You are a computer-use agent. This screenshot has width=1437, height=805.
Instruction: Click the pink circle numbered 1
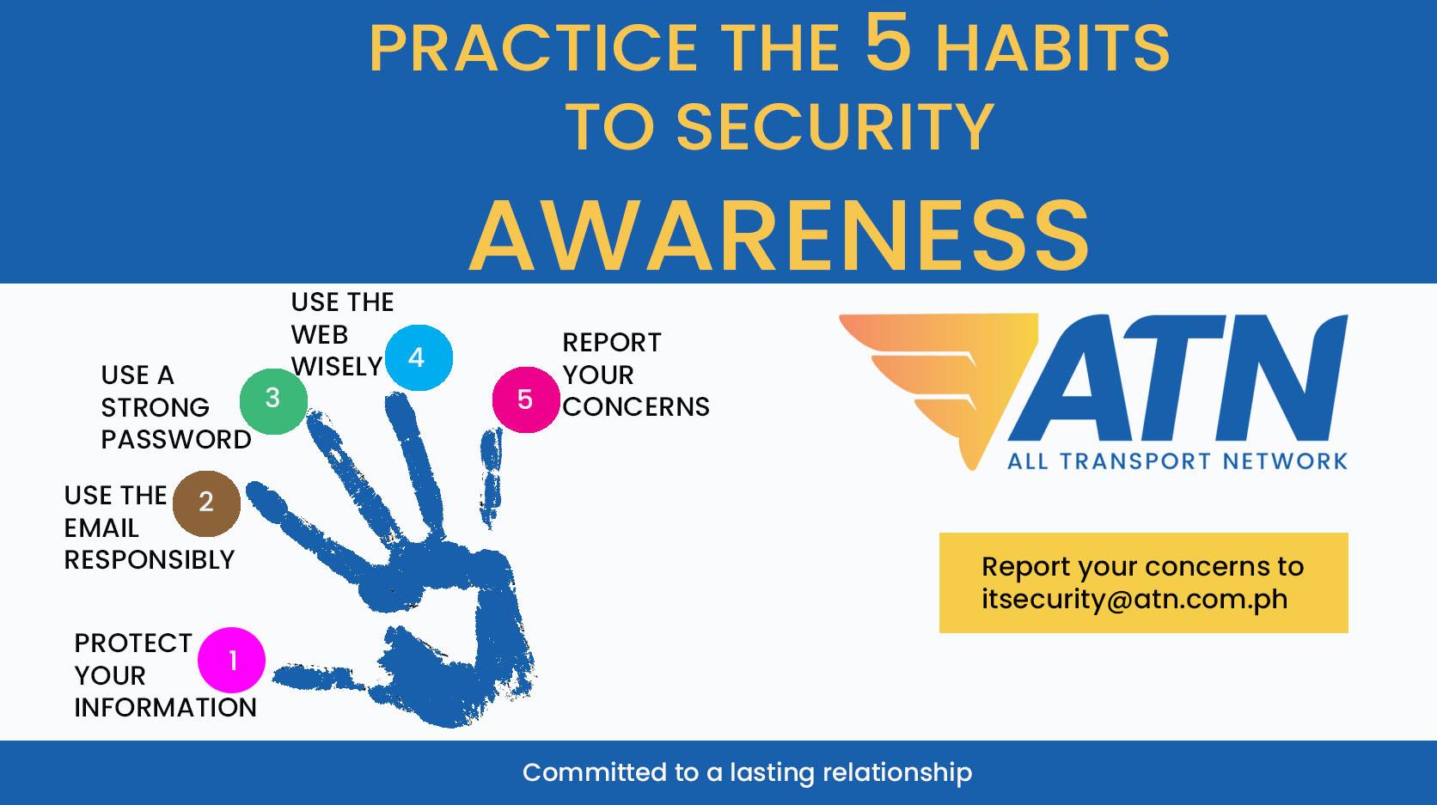[x=231, y=660]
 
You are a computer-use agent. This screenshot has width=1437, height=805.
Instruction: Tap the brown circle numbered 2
[x=206, y=503]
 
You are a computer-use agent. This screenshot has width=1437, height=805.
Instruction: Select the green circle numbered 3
[x=273, y=401]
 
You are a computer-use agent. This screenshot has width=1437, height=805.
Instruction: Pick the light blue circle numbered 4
[x=419, y=357]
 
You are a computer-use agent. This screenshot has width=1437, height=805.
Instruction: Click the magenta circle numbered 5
[x=526, y=399]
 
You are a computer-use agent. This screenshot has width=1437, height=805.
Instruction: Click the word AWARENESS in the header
[x=780, y=235]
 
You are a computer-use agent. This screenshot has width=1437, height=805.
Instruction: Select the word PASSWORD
[x=176, y=439]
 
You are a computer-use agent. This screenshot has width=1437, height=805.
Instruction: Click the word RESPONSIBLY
[x=150, y=560]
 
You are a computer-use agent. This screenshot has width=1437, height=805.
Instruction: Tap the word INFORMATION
[x=166, y=708]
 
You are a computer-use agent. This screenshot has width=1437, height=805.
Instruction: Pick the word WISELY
[x=337, y=367]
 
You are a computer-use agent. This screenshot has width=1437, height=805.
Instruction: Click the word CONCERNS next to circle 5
[x=636, y=406]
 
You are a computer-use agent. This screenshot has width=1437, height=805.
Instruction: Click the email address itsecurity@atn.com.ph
[x=1134, y=599]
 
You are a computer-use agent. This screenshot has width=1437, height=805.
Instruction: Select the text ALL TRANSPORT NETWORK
[x=1177, y=460]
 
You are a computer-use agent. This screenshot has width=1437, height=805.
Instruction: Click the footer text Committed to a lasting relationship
[x=748, y=772]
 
